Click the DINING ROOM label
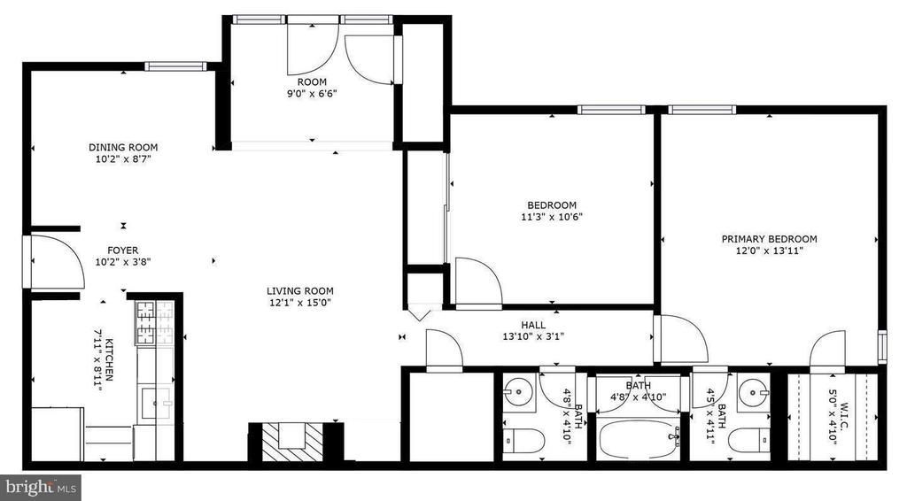pyautogui.click(x=122, y=147)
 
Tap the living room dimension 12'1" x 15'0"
pyautogui.click(x=299, y=302)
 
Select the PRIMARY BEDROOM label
pyautogui.click(x=770, y=239)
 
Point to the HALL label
pyautogui.click(x=532, y=325)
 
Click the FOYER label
pyautogui.click(x=122, y=250)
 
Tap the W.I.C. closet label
pyautogui.click(x=844, y=411)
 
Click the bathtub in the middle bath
pyautogui.click(x=638, y=438)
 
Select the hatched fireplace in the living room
pyautogui.click(x=292, y=442)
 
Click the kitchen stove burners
pyautogui.click(x=145, y=322)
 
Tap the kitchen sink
pyautogui.click(x=154, y=402)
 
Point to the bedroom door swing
pyautogui.click(x=479, y=281)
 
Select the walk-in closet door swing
pyautogui.click(x=828, y=352)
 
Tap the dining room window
pyautogui.click(x=175, y=66)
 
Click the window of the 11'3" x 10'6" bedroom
pyautogui.click(x=611, y=110)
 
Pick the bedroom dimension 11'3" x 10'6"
pyautogui.click(x=551, y=217)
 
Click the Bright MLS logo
pyautogui.click(x=40, y=488)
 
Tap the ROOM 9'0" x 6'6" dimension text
pyautogui.click(x=312, y=94)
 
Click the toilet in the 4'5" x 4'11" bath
pyautogui.click(x=749, y=441)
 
